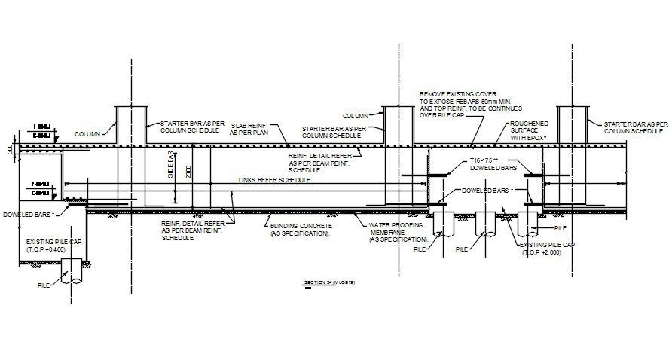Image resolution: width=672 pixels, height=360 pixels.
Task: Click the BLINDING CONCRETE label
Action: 300,229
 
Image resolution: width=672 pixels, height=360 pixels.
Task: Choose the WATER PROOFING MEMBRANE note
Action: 398,232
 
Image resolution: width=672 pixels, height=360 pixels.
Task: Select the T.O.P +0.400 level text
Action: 47,249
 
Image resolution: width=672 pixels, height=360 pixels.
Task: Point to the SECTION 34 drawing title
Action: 329,283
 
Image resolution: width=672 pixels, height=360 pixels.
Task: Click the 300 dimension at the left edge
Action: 10,148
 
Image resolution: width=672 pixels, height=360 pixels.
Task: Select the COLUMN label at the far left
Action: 89,134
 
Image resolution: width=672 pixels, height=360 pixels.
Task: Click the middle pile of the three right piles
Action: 484,225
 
